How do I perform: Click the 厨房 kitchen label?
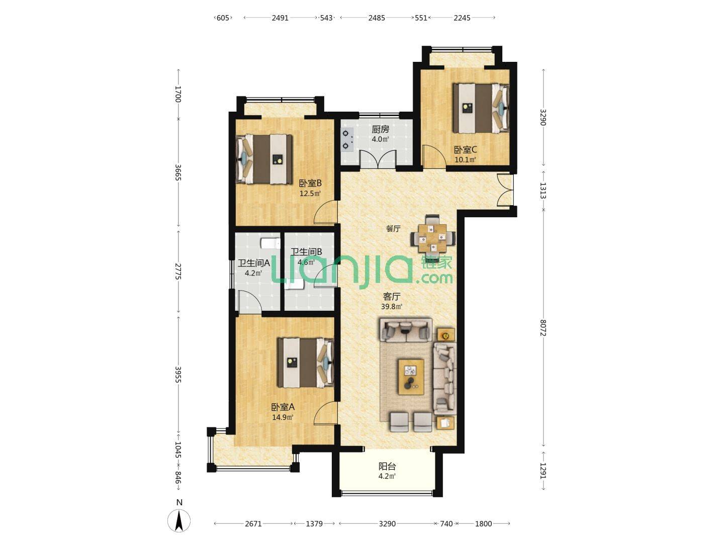[x=380, y=129]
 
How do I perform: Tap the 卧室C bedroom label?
[x=466, y=150]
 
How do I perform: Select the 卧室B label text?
[x=310, y=184]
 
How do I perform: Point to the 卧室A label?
[x=283, y=407]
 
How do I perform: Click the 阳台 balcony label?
[x=387, y=467]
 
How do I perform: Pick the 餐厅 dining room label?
[x=393, y=228]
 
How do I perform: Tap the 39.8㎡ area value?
[x=392, y=307]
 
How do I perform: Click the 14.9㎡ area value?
[x=283, y=417]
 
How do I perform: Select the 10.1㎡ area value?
[x=466, y=160]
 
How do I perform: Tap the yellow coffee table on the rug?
[x=411, y=377]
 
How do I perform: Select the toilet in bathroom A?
[x=270, y=244]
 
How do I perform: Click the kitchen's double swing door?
[x=378, y=159]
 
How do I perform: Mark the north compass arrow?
[x=179, y=520]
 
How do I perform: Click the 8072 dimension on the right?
[x=543, y=327]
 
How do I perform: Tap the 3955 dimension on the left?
[x=178, y=375]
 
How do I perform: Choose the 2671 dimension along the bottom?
[x=253, y=523]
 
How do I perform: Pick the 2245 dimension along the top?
[x=462, y=18]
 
